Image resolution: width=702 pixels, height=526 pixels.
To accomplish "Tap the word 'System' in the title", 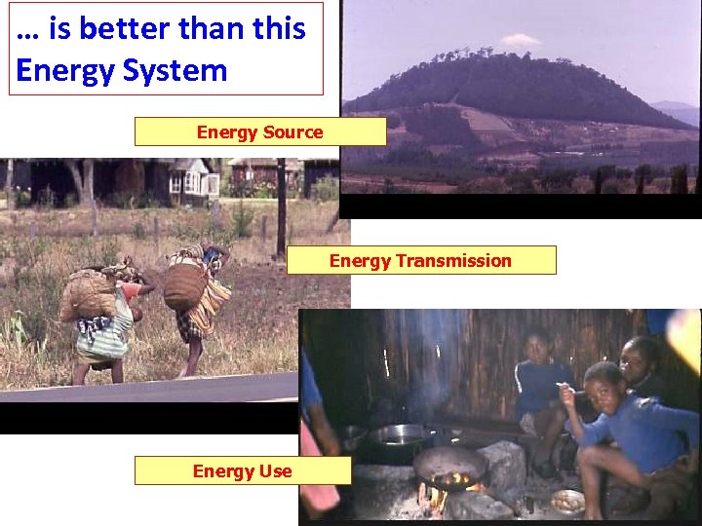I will pos(178,70).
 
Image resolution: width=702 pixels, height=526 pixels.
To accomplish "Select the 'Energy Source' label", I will pos(259,131).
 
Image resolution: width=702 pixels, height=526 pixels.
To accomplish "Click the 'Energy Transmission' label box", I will pos(420,260).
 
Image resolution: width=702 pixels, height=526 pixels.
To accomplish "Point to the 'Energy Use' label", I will pos(242,471).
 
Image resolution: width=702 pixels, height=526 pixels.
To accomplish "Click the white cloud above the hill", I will pos(520,40).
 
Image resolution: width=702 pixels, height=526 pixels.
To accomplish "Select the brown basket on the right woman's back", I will pos(183,284).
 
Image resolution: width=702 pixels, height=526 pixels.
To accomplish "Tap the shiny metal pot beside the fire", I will pos(400,434).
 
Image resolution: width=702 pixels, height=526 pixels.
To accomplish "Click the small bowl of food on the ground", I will pos(566,501).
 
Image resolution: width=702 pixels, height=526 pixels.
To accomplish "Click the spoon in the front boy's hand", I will pos(570,391).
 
